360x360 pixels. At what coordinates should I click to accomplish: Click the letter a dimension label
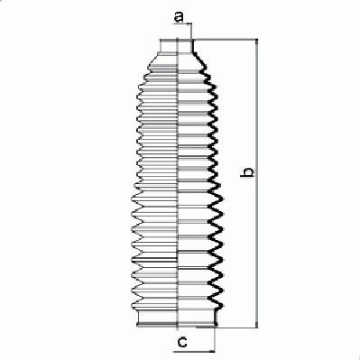[179, 17]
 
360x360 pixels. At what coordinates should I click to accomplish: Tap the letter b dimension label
[247, 172]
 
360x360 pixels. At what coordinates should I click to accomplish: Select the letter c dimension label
[182, 342]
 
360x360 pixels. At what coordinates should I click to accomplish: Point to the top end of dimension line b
[256, 40]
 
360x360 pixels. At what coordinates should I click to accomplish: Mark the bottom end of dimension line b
[256, 328]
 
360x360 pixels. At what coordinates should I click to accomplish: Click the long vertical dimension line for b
[256, 183]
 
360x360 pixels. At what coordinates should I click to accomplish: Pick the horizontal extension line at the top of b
[226, 39]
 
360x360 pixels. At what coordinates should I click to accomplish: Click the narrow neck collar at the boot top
[177, 46]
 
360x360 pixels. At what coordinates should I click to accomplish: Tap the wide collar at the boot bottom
[177, 318]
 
